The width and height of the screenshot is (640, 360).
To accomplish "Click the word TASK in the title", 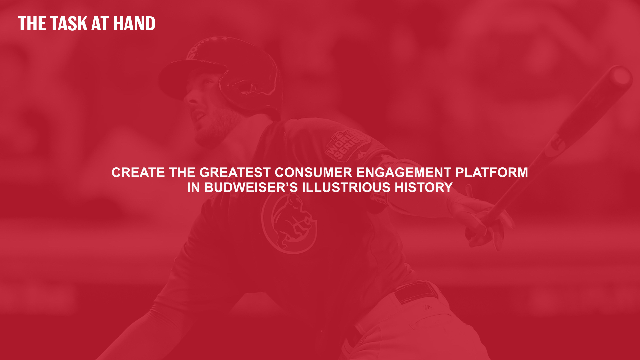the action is (69, 24).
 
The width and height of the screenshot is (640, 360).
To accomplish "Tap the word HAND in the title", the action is (134, 24).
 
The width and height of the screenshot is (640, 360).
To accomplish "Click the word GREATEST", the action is (235, 173).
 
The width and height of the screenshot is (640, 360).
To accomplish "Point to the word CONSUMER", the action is (313, 173).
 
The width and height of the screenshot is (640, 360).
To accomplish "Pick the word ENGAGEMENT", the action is (404, 173).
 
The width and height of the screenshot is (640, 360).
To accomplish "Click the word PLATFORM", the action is (492, 173).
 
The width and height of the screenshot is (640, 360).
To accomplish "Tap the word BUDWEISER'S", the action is (251, 188).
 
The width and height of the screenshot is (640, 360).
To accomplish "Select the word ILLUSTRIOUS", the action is (346, 188).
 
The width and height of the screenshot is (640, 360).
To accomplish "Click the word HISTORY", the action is (424, 188).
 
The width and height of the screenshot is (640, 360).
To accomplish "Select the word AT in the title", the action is (100, 24).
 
